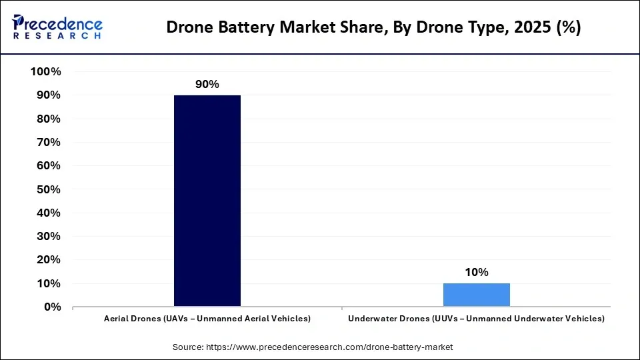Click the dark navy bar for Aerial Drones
[x=207, y=201]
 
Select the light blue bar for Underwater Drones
[x=476, y=295]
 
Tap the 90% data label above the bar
[x=207, y=85]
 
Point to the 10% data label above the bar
[x=476, y=272]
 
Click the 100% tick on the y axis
[x=46, y=72]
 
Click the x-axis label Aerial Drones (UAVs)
[x=207, y=319]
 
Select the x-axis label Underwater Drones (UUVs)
[x=476, y=319]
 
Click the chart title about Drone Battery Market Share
[x=373, y=27]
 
